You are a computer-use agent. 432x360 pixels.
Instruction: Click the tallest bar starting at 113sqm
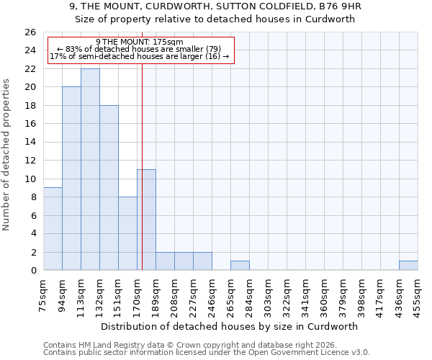click(90, 169)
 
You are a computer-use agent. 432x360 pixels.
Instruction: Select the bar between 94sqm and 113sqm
click(71, 179)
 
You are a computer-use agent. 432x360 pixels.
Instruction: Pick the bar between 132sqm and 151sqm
click(109, 187)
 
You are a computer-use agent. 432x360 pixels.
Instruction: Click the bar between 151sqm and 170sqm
click(127, 233)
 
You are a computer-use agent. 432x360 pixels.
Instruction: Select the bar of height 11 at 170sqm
click(146, 220)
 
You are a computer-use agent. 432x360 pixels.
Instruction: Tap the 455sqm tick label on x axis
click(418, 293)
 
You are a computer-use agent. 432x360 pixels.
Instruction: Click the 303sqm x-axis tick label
click(268, 293)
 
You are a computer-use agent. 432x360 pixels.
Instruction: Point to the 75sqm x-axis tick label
click(43, 293)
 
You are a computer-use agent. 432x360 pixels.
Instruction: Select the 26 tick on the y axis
click(30, 32)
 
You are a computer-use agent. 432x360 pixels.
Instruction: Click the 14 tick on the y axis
click(30, 143)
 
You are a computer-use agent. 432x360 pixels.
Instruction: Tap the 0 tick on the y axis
click(33, 271)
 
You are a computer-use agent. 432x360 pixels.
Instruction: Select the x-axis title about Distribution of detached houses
click(230, 326)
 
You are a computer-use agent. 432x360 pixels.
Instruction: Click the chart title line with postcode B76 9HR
click(216, 6)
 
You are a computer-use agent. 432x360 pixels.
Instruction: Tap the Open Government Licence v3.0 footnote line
click(207, 353)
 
